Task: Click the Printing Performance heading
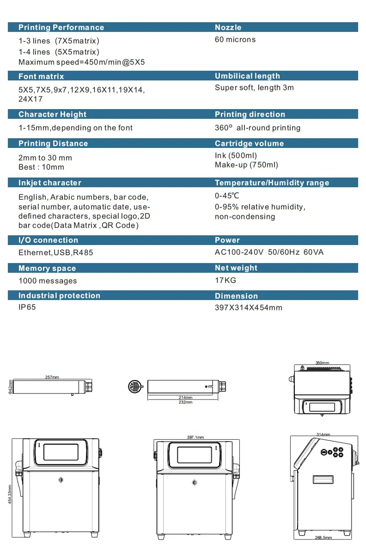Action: click(61, 27)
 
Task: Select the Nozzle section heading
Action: click(228, 27)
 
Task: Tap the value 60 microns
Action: click(235, 39)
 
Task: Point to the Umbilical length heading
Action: click(248, 76)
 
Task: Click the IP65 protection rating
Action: click(27, 307)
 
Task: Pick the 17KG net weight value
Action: click(226, 280)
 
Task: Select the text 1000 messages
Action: click(48, 281)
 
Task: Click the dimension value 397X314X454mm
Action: click(249, 307)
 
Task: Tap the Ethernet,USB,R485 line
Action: click(56, 252)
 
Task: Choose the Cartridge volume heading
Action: click(249, 143)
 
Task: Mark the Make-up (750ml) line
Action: click(246, 165)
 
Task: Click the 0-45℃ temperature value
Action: click(227, 196)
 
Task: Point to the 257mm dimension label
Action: click(52, 377)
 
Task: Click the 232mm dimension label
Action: click(185, 402)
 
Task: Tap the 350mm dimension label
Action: click(323, 363)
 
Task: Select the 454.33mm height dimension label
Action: click(10, 494)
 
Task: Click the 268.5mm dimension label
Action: click(323, 538)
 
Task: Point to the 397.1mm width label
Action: click(195, 437)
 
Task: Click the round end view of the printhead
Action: click(135, 386)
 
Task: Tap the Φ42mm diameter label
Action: click(10, 387)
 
